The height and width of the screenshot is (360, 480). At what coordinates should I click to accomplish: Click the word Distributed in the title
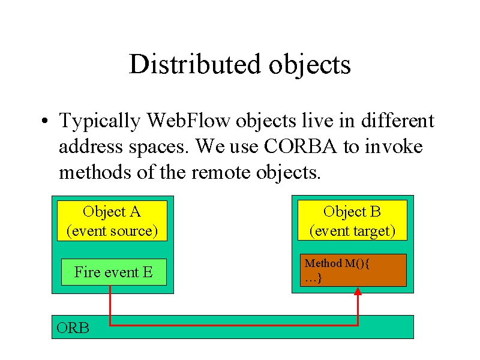[194, 64]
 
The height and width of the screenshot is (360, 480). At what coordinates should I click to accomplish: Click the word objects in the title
[310, 65]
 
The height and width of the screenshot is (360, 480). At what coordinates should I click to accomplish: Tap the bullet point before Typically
[44, 121]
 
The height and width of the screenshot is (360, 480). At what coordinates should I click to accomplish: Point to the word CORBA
[300, 146]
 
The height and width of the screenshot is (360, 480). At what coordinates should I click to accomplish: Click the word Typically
[100, 122]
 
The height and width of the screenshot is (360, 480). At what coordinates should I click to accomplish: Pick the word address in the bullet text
[91, 146]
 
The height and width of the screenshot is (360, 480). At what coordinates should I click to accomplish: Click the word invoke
[394, 146]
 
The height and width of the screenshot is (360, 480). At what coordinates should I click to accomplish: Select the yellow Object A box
[112, 221]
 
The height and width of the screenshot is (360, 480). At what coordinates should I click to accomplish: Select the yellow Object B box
[352, 220]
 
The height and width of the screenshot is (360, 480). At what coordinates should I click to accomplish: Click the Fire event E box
[114, 272]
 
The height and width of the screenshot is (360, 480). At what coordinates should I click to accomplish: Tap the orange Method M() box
[353, 271]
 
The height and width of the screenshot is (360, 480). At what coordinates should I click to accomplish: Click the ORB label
[73, 328]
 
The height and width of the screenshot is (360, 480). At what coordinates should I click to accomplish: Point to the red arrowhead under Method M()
[358, 291]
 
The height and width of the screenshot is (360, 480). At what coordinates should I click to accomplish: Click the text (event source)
[112, 231]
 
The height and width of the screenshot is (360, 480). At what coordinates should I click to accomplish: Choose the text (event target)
[352, 231]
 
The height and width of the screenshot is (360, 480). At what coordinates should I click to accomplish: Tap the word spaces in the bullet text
[157, 148]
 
